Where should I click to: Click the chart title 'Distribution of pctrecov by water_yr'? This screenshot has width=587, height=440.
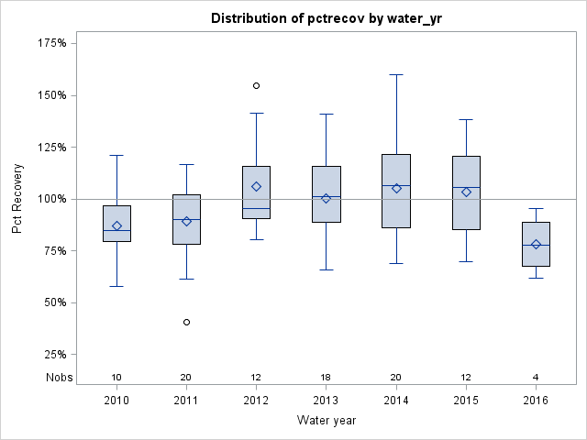[x=326, y=18]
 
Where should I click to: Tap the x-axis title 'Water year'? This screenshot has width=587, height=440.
[x=326, y=421]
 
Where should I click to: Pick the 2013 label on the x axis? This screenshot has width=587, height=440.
[x=326, y=400]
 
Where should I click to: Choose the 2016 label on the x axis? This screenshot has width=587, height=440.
[x=536, y=400]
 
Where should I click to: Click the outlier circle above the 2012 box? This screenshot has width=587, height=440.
[x=257, y=85]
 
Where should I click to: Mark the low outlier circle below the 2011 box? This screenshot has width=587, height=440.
[x=186, y=322]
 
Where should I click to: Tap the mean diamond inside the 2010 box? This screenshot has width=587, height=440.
[x=116, y=225]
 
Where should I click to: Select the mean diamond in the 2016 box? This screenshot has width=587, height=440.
[x=536, y=244]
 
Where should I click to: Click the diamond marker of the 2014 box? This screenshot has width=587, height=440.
[x=396, y=188]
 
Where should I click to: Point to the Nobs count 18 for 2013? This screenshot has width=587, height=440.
[x=326, y=378]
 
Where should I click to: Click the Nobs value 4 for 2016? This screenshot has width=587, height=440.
[x=536, y=378]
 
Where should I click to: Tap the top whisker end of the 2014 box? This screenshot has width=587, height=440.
[x=396, y=74]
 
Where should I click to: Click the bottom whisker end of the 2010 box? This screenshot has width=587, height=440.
[x=116, y=286]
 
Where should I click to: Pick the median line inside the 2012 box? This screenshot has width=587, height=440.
[x=257, y=208]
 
